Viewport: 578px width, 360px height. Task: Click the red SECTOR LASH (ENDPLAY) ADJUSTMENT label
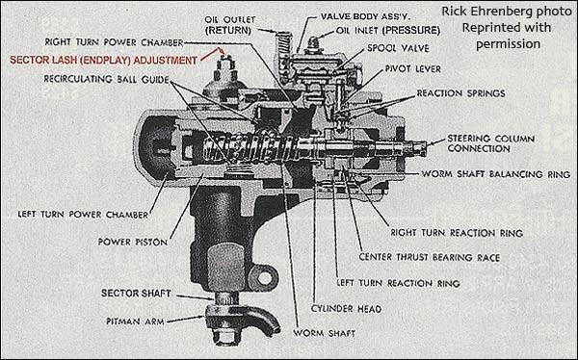pyautogui.click(x=103, y=60)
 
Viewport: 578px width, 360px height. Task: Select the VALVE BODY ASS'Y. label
pyautogui.click(x=365, y=16)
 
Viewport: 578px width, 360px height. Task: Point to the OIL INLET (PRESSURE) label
pyautogui.click(x=388, y=30)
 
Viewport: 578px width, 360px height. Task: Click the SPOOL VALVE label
pyautogui.click(x=398, y=48)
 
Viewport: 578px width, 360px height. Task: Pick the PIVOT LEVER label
pyautogui.click(x=413, y=69)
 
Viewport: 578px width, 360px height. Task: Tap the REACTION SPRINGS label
pyautogui.click(x=460, y=93)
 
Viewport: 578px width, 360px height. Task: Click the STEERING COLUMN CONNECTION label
pyautogui.click(x=490, y=143)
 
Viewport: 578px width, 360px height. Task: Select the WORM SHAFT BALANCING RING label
pyautogui.click(x=496, y=174)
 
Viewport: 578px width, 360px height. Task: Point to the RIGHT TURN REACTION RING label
pyautogui.click(x=457, y=233)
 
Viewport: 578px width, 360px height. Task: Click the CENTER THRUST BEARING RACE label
pyautogui.click(x=430, y=257)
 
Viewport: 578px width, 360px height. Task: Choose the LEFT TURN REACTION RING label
pyautogui.click(x=398, y=283)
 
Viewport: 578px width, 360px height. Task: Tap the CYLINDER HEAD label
pyautogui.click(x=346, y=308)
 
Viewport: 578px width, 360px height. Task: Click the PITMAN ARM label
pyautogui.click(x=135, y=321)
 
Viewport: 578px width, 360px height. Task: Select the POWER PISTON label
pyautogui.click(x=133, y=242)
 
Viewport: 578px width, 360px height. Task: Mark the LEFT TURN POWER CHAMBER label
pyautogui.click(x=83, y=214)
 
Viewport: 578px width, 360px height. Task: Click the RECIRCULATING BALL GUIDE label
pyautogui.click(x=107, y=79)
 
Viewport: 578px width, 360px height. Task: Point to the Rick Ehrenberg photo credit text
pyautogui.click(x=507, y=28)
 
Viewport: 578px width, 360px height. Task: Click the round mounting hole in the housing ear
pyautogui.click(x=264, y=277)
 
